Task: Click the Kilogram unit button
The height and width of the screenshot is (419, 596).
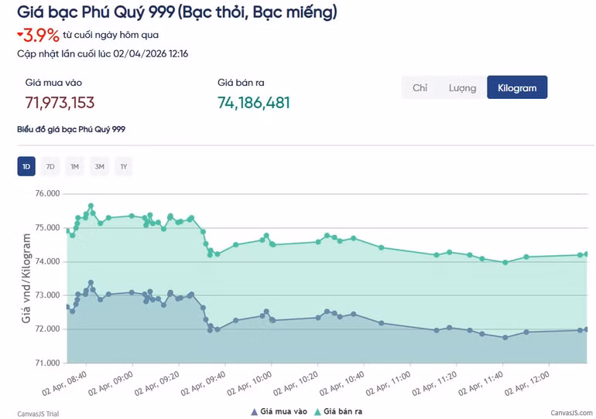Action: coord(517,87)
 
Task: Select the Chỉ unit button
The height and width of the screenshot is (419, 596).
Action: coord(420,87)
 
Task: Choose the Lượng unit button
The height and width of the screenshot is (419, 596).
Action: coord(462,87)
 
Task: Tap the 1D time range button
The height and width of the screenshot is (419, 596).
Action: coord(26,166)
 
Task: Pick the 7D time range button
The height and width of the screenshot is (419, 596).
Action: coord(50,166)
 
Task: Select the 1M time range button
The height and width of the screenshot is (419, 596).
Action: coord(75,166)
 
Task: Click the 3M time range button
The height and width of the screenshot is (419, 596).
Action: coord(99,166)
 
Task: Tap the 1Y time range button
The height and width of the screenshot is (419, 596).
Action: coord(124,166)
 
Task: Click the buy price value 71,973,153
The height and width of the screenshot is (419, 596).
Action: coord(60,103)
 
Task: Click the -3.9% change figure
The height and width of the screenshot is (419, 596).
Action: coord(38,35)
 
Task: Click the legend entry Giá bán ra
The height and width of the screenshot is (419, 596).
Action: coord(342,411)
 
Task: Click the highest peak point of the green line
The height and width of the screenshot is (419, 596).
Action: coord(91,206)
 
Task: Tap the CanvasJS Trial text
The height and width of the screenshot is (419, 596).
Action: coord(38,414)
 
